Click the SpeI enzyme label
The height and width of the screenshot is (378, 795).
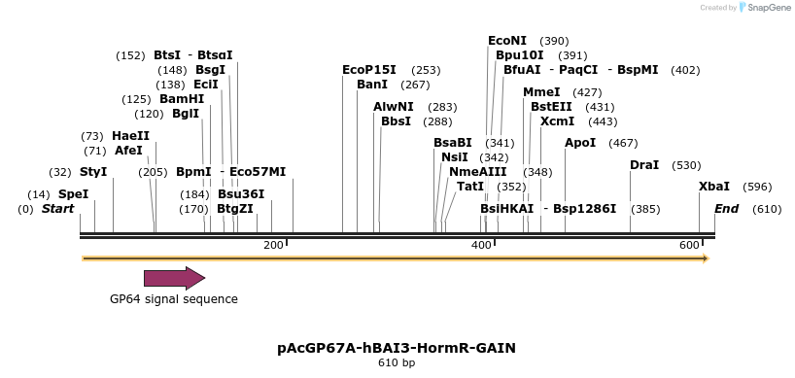coord(73,194)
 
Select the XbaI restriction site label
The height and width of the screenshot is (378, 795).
coord(714,187)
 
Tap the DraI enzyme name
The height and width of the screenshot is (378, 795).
coord(644,165)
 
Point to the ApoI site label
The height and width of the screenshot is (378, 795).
coord(580,143)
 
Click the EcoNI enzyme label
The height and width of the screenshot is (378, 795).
coord(507,41)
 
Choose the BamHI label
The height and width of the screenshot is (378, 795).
coord(182,99)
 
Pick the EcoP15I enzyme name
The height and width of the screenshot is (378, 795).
coord(369,70)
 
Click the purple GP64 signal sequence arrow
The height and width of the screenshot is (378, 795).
coord(174,279)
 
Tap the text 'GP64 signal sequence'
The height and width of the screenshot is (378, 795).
coord(174,298)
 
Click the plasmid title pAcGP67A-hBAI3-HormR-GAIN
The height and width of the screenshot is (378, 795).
coord(397,347)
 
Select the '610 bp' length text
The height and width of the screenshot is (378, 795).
coord(397,363)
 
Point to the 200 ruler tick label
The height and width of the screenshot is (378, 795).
coord(272,245)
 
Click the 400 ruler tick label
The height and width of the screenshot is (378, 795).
coord(482,245)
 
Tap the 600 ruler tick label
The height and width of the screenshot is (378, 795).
coord(690,245)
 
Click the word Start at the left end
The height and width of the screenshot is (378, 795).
coord(58,209)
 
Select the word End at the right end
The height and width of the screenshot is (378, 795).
coord(726,209)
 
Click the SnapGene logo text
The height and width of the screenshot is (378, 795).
coord(768,8)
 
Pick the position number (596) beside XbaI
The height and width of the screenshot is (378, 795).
coord(758,187)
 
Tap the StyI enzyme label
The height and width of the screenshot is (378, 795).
coord(93,172)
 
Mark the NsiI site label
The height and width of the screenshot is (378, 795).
coord(455,157)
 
